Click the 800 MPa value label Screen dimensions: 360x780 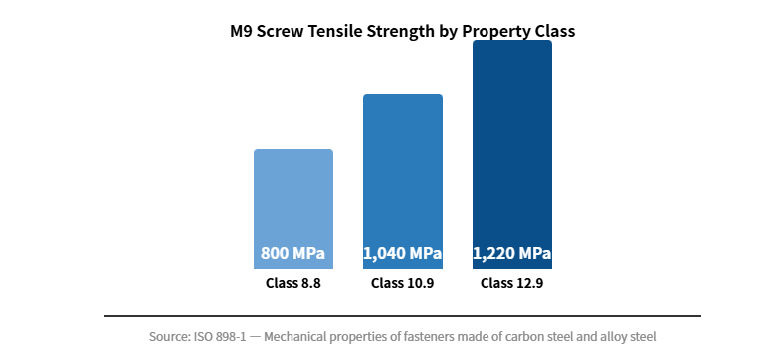click(x=293, y=253)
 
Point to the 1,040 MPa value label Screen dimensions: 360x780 click(x=403, y=253)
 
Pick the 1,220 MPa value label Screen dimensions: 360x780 click(x=512, y=253)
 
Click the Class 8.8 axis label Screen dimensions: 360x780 click(x=293, y=283)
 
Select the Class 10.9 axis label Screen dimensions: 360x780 click(x=403, y=283)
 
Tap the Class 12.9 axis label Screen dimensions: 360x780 click(x=512, y=283)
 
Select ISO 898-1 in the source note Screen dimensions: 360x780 click(x=226, y=337)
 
